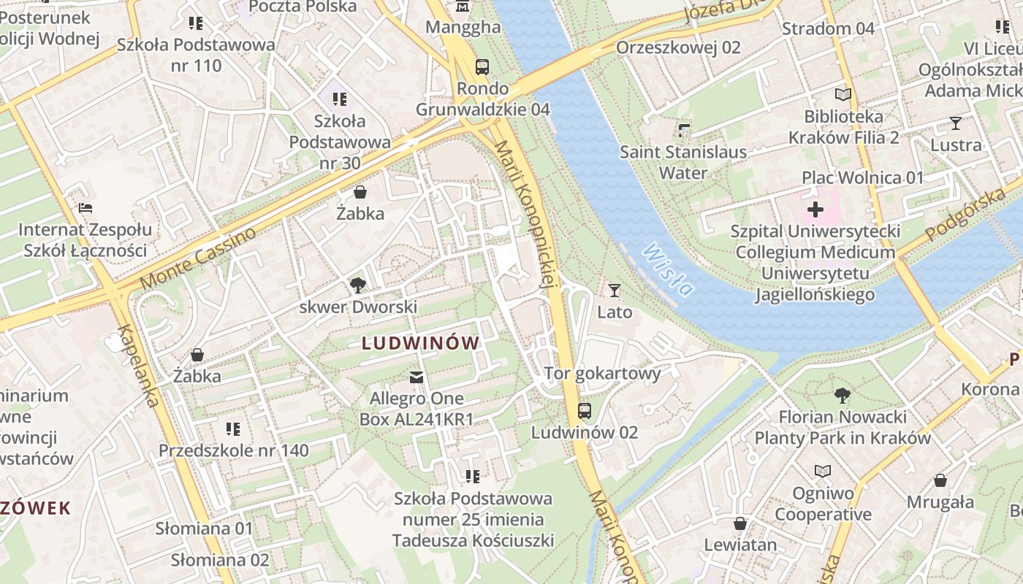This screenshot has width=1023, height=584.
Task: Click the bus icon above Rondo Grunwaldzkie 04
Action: (482, 67)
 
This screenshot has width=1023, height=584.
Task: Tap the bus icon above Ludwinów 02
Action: (584, 410)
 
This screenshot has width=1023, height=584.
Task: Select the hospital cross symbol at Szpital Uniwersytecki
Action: (815, 210)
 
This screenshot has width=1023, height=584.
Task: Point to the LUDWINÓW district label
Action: (421, 343)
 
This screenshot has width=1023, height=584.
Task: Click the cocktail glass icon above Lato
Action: (615, 291)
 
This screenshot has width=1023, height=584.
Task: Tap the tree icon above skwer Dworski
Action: (357, 285)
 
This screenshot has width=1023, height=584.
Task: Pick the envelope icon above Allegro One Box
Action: (416, 377)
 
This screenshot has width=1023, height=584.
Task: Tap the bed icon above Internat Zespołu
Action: (85, 208)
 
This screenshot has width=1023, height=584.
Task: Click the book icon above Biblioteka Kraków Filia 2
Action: (843, 95)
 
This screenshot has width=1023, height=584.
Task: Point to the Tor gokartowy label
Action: (602, 374)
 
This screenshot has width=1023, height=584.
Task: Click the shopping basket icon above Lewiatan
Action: (740, 523)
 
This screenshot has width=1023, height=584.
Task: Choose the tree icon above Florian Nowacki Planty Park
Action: (842, 396)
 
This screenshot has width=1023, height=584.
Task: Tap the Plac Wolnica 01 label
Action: (863, 177)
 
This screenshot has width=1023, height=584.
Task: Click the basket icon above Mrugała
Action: (940, 480)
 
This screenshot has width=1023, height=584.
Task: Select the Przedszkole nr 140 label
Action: (234, 450)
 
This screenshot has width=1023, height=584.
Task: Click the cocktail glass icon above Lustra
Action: (955, 123)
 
